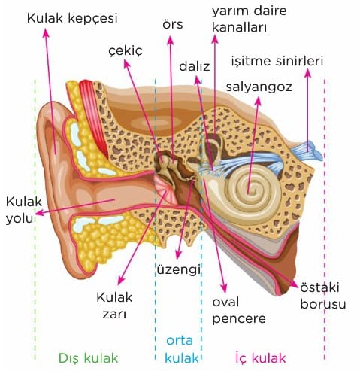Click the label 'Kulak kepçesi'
tap(72, 19)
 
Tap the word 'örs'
tap(173, 25)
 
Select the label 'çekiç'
tap(126, 51)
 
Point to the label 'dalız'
tap(195, 66)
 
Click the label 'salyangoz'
tap(259, 87)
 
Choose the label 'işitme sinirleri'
tap(277, 61)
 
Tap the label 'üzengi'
tap(179, 270)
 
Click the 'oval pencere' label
tap(239, 310)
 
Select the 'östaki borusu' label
tap(323, 296)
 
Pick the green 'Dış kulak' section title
tap(88, 358)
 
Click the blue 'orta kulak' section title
tap(181, 349)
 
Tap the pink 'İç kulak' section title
tap(261, 357)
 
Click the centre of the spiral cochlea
tap(248, 192)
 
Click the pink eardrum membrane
tap(165, 190)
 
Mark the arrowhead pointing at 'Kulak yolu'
tap(39, 214)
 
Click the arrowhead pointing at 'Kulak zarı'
tap(121, 280)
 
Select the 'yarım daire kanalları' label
tap(250, 19)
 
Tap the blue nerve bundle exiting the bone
tap(307, 150)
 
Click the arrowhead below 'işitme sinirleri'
tap(308, 73)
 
